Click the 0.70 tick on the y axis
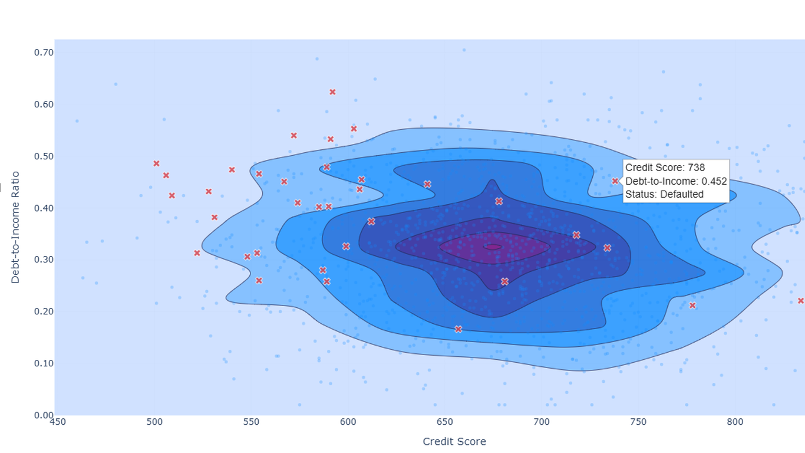point(44,52)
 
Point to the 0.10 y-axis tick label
point(44,363)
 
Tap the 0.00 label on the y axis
point(44,415)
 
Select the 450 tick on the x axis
point(58,422)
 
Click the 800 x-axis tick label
point(735,422)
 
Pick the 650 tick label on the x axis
point(444,422)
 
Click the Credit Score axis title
point(454,441)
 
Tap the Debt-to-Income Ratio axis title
point(15,228)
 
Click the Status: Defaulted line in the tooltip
point(664,194)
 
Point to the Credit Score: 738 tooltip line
point(665,168)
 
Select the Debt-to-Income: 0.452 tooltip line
point(676,181)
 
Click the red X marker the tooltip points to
point(615,181)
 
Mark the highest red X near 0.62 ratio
point(332,92)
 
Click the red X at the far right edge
point(801,301)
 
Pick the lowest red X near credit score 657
point(458,329)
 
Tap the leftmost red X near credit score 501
point(156,164)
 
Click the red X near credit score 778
point(692,306)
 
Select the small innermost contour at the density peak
point(493,247)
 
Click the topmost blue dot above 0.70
point(464,50)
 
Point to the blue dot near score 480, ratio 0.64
point(116,84)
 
